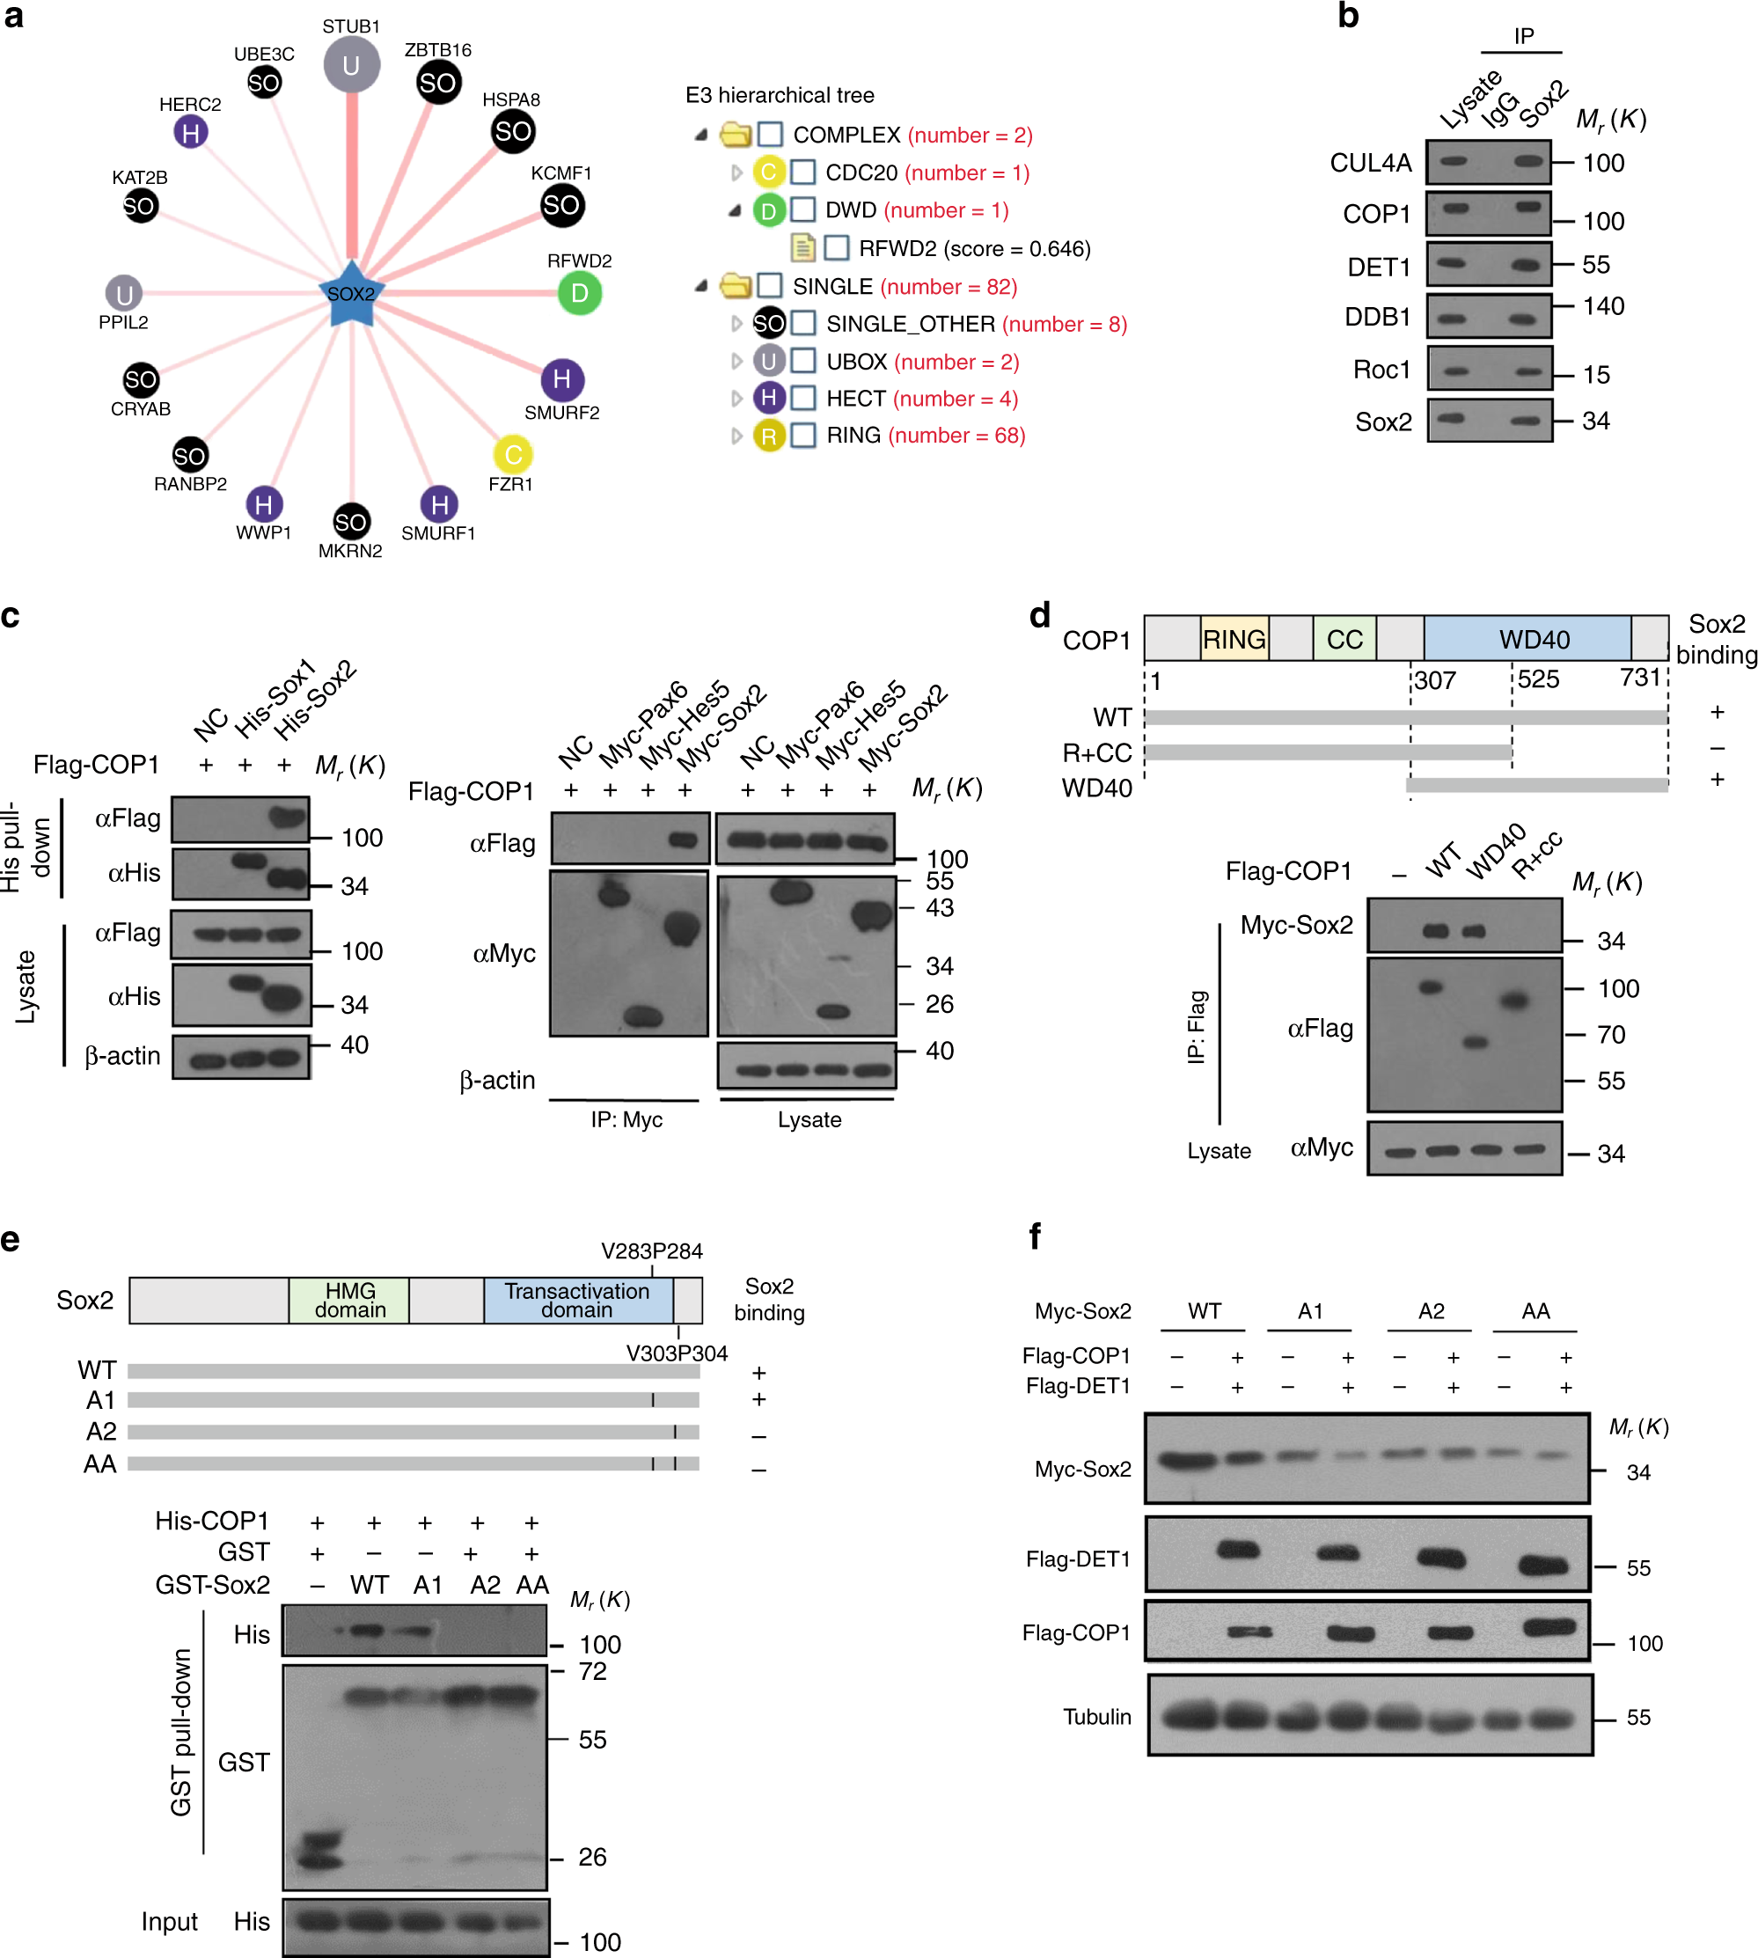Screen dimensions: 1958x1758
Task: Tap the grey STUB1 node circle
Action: tap(351, 65)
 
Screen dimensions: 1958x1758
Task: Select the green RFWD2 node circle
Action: tap(580, 293)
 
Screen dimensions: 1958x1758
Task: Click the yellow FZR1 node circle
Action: tap(513, 454)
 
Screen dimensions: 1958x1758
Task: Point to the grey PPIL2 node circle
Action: tap(124, 294)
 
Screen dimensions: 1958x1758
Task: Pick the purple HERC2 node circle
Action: tap(190, 132)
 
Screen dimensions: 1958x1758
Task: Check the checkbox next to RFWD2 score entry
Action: tap(837, 248)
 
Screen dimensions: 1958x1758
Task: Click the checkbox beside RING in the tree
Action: tap(802, 436)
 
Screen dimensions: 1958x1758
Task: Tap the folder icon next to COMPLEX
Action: tap(736, 135)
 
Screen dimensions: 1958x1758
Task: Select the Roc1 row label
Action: tap(1381, 370)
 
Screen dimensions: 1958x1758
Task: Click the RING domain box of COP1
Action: tap(1234, 640)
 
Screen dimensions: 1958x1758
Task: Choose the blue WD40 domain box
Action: tap(1533, 640)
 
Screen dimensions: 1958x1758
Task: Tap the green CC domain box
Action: tap(1344, 640)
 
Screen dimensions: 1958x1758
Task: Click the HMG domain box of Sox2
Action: tap(349, 1300)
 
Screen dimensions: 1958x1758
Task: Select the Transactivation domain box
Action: tap(576, 1300)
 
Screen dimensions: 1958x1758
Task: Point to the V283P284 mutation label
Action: tap(651, 1250)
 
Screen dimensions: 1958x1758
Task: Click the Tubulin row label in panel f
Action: tap(1096, 1717)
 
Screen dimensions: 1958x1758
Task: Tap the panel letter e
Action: tap(11, 1239)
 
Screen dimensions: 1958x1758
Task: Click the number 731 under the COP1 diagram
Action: tap(1639, 677)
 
